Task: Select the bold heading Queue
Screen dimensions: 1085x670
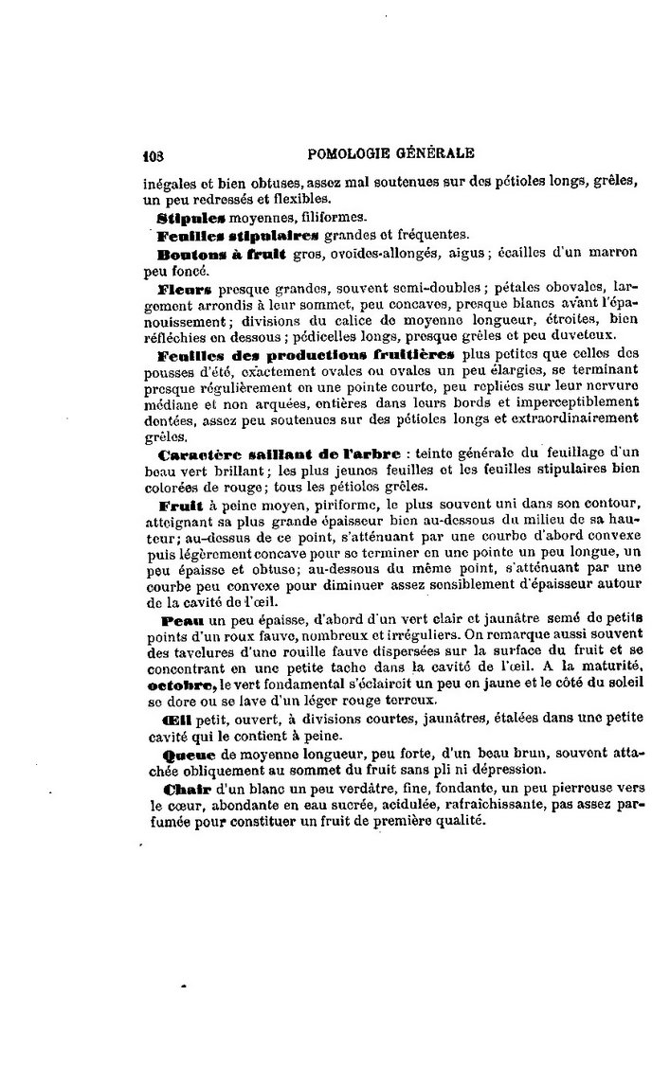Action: (x=189, y=755)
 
